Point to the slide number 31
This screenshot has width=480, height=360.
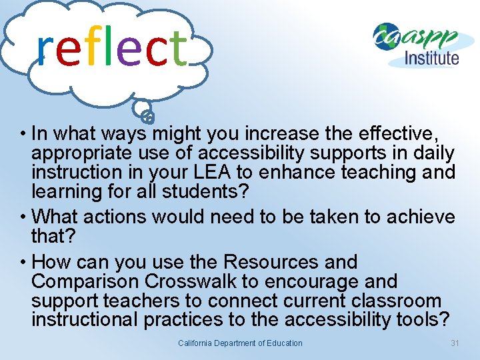coord(455,343)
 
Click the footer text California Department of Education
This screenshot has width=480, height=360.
coord(240,343)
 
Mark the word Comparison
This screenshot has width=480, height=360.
coord(81,281)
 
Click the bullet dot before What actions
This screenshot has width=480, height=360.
coord(24,217)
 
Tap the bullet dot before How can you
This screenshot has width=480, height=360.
coord(24,262)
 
